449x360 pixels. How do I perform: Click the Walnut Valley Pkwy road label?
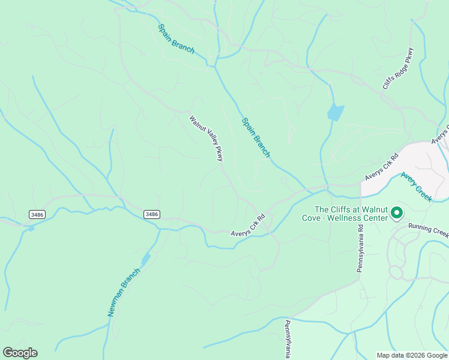tap(206, 138)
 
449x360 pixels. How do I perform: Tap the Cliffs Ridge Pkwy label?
tap(398, 68)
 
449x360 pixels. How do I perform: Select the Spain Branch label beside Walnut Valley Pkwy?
tap(256, 137)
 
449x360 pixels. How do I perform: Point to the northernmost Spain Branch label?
tap(176, 39)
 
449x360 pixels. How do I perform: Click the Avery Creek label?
tap(417, 187)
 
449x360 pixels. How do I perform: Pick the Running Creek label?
tap(428, 229)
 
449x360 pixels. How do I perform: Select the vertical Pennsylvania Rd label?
tap(360, 249)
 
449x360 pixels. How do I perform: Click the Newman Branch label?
tap(124, 292)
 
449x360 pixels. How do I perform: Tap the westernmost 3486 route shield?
tap(37, 214)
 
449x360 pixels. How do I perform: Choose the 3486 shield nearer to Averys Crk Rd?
tap(152, 214)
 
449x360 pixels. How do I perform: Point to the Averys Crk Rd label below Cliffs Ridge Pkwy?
tap(382, 167)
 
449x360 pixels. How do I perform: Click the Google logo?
tap(20, 353)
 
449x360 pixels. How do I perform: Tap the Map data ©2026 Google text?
tap(412, 355)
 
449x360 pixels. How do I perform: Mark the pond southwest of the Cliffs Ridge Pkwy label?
tap(335, 112)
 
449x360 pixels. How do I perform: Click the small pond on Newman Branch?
tap(145, 259)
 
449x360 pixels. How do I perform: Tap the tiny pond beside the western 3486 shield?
tap(31, 228)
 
